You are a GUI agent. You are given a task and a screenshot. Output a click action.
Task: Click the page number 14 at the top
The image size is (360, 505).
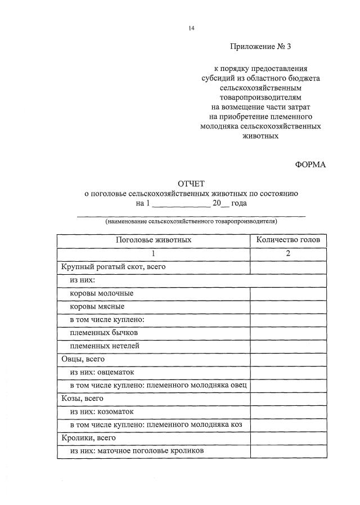click(x=192, y=28)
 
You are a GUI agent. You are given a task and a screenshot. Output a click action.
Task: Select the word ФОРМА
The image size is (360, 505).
click(x=310, y=164)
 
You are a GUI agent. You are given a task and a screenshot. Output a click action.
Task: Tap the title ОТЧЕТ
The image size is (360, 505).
click(x=191, y=184)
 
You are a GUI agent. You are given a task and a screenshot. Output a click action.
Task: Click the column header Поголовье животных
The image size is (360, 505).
click(x=154, y=240)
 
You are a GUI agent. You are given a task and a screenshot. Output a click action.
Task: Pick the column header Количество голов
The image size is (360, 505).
click(x=288, y=240)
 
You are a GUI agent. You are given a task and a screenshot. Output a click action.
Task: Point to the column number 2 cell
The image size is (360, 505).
click(x=288, y=253)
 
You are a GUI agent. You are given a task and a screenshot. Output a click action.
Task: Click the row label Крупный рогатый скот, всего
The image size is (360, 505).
click(x=112, y=267)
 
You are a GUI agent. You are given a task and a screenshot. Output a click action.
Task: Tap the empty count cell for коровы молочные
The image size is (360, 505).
click(x=288, y=293)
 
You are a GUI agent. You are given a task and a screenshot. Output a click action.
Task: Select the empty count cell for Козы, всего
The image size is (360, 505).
click(x=288, y=399)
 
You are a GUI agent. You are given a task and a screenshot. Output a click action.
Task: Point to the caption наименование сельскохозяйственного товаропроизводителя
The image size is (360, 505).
click(x=191, y=222)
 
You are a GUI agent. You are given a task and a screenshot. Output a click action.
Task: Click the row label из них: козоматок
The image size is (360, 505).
click(x=102, y=412)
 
